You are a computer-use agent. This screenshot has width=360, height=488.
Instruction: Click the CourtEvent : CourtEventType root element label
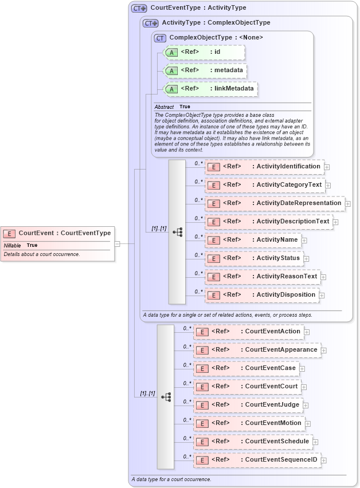tap(64, 233)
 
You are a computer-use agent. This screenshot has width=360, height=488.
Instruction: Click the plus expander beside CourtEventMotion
tap(308, 424)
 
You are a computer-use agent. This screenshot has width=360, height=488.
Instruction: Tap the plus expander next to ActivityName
tap(304, 241)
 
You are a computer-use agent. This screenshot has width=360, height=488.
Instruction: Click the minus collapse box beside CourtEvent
tap(117, 243)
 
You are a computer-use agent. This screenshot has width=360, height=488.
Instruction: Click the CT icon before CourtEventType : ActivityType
tap(139, 9)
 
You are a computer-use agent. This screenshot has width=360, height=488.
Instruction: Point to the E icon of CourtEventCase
tap(202, 369)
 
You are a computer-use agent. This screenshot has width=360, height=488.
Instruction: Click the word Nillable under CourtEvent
tap(13, 246)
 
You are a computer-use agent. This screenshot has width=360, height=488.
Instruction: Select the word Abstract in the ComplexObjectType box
tap(164, 107)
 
